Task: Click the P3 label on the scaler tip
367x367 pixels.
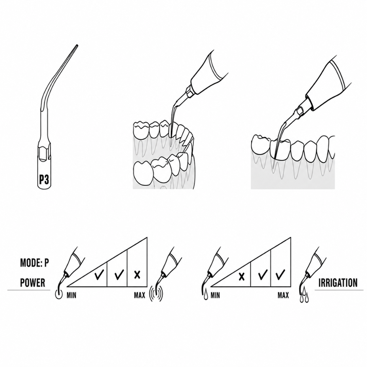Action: [x=44, y=179]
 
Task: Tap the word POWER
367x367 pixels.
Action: [x=33, y=282]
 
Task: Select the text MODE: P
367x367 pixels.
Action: [x=35, y=263]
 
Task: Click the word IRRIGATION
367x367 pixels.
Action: [x=338, y=283]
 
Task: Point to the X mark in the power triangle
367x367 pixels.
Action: [x=137, y=275]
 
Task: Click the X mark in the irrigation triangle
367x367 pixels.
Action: [x=242, y=277]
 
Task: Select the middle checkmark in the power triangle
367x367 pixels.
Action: [x=119, y=274]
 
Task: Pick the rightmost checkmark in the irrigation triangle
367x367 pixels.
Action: [x=280, y=275]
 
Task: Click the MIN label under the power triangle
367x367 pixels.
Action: [x=71, y=295]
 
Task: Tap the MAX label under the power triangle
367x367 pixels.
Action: [x=140, y=295]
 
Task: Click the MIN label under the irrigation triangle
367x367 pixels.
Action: [x=215, y=295]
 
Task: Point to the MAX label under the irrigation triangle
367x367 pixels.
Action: [x=283, y=295]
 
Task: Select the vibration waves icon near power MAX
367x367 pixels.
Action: [x=156, y=293]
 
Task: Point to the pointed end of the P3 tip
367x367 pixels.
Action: [x=77, y=45]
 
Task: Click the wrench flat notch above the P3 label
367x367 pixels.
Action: [x=44, y=154]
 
